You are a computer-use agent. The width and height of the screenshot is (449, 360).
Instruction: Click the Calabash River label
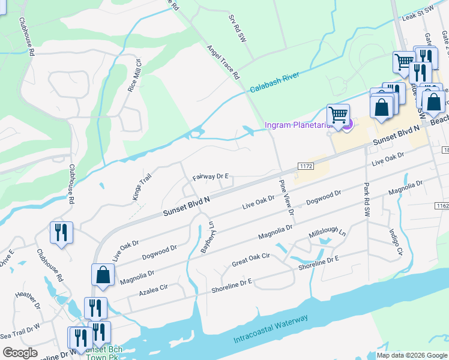click(x=274, y=83)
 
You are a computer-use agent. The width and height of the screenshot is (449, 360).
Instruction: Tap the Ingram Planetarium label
click(x=297, y=125)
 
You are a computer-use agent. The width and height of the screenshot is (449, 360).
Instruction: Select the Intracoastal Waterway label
click(x=271, y=329)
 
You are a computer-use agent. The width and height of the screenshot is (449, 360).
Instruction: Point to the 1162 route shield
click(x=442, y=206)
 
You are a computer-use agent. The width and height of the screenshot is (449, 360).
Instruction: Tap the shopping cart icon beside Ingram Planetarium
click(x=339, y=114)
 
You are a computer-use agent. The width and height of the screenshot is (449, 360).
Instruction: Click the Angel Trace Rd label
click(x=223, y=62)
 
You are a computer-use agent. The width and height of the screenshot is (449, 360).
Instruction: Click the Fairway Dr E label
click(x=211, y=176)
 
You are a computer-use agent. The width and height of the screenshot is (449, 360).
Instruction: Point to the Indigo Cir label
click(x=394, y=242)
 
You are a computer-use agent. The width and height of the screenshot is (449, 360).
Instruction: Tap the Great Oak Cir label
click(x=250, y=262)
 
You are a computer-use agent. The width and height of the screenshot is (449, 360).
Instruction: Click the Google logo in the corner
click(x=20, y=353)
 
